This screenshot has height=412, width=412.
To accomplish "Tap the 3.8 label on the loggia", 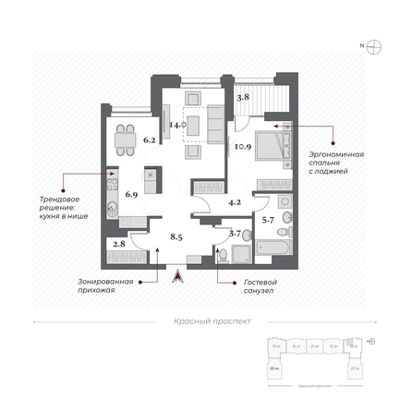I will tap(242, 95).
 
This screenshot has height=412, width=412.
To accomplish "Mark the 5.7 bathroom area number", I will tap(268, 219).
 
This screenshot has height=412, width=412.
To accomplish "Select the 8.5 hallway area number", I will tap(176, 236).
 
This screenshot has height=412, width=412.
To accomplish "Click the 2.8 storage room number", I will tap(118, 245).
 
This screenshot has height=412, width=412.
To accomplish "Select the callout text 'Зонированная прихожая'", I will tap(104, 285).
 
